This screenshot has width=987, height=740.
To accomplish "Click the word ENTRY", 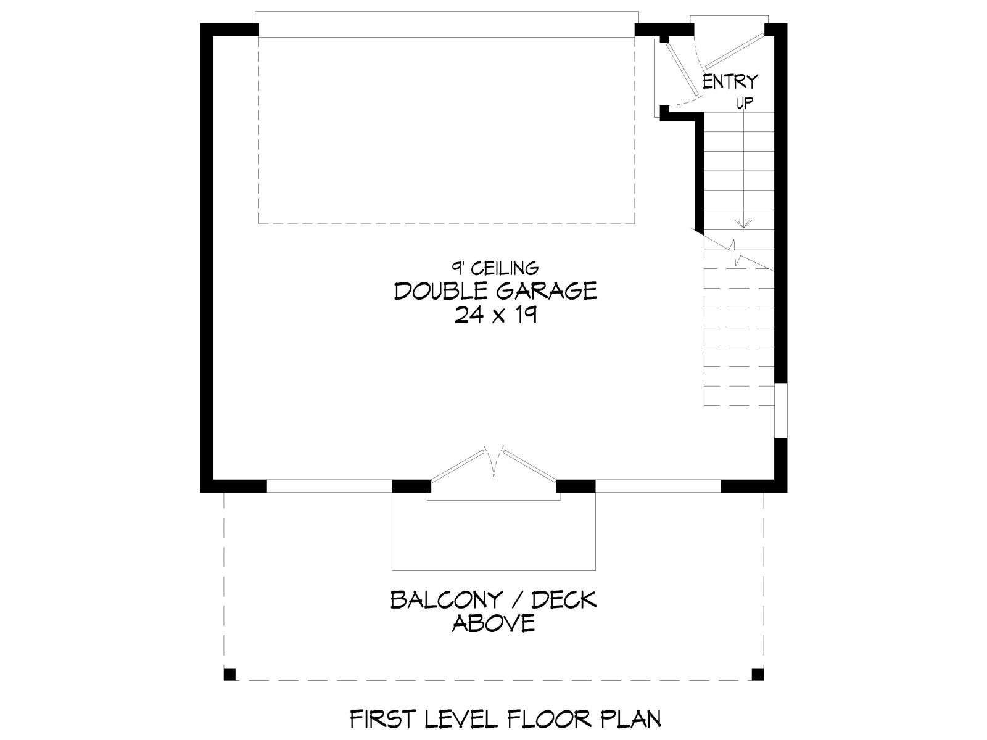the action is point(730,82).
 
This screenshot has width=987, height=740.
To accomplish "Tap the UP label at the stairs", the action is point(744,104).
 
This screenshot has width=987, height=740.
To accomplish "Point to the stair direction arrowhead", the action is point(744,223).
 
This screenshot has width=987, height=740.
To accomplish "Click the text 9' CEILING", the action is point(495,268).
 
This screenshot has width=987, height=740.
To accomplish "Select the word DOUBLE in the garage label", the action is point(441,291).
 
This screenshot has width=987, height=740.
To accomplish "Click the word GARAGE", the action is point(547,291).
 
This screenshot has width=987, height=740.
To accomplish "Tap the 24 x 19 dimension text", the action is point(495,314).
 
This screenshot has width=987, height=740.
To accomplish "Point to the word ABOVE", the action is point(493,623).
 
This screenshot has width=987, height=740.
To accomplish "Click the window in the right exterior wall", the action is point(781,409).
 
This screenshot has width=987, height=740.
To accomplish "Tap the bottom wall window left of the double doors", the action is point(329,486).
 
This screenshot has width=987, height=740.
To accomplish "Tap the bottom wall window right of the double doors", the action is point(658,486).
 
